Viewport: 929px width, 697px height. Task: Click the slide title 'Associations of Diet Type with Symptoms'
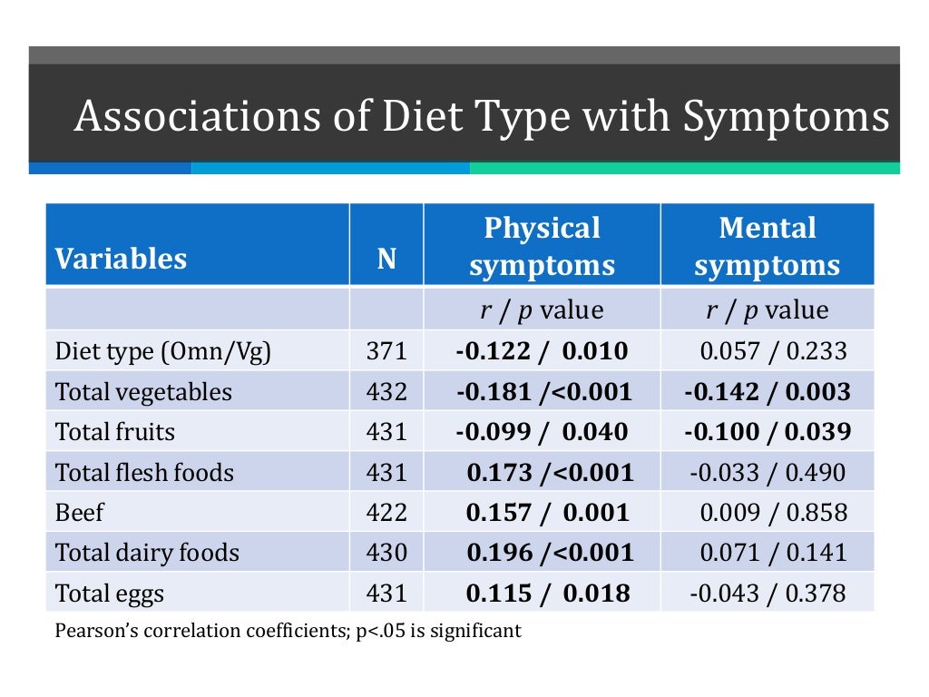click(481, 117)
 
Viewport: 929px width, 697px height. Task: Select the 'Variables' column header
click(121, 259)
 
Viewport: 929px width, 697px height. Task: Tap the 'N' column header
click(386, 260)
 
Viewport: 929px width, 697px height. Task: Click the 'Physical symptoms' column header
click(542, 246)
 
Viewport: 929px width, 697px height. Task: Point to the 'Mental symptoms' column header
click(768, 246)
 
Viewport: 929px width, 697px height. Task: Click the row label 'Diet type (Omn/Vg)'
click(163, 351)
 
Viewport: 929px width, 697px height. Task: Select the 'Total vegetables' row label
click(143, 392)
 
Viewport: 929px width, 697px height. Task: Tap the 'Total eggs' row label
click(110, 594)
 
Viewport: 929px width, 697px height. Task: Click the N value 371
click(386, 351)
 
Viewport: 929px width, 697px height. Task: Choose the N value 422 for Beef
click(386, 513)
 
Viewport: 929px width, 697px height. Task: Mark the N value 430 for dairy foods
click(386, 553)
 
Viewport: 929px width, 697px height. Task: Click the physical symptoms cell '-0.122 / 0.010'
click(542, 351)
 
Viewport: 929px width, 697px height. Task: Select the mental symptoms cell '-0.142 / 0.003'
click(768, 392)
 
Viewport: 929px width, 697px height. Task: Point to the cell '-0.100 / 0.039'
click(768, 432)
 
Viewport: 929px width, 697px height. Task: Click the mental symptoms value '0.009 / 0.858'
click(773, 513)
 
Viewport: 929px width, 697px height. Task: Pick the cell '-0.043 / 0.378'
click(768, 594)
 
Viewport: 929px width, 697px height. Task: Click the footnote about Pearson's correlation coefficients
click(288, 630)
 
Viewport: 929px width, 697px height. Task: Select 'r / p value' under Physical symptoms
click(542, 310)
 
